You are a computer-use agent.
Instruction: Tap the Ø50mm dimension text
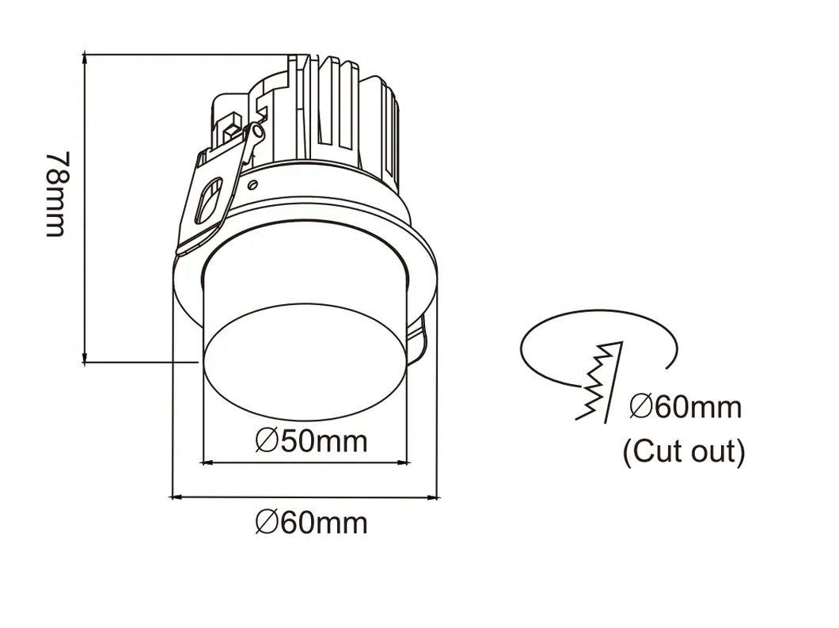311,442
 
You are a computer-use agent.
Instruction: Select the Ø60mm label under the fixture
311,523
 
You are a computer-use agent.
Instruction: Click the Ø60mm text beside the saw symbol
685,407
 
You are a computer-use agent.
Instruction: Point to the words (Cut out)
684,451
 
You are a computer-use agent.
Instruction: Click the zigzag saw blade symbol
599,381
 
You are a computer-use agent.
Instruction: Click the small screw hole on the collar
254,185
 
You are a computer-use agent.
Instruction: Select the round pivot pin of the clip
258,131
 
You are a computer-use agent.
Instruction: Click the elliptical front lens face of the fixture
305,363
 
